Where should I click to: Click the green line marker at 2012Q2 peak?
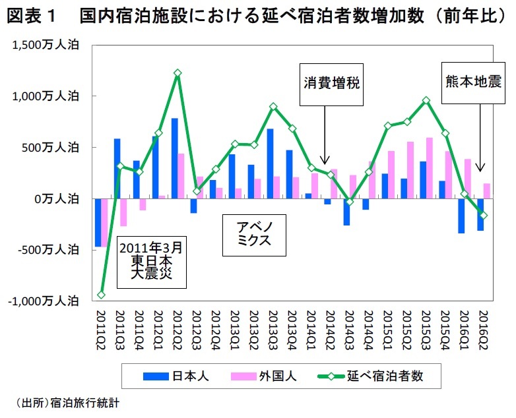177,73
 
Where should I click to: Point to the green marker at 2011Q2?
100,295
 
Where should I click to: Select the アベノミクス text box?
254,234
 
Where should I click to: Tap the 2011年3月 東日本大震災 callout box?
152,261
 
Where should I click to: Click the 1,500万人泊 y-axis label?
45,44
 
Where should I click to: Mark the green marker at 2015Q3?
426,100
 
